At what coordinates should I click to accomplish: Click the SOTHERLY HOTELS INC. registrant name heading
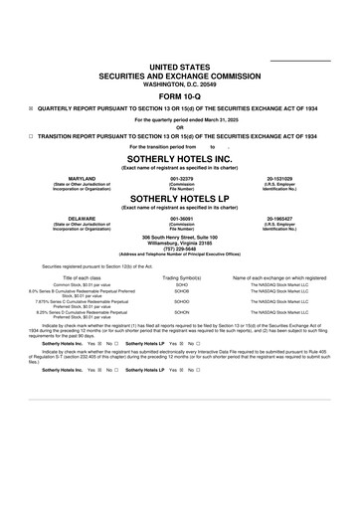coord(180,158)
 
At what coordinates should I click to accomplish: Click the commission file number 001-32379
coord(181,178)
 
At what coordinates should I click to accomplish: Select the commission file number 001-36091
coord(181,217)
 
